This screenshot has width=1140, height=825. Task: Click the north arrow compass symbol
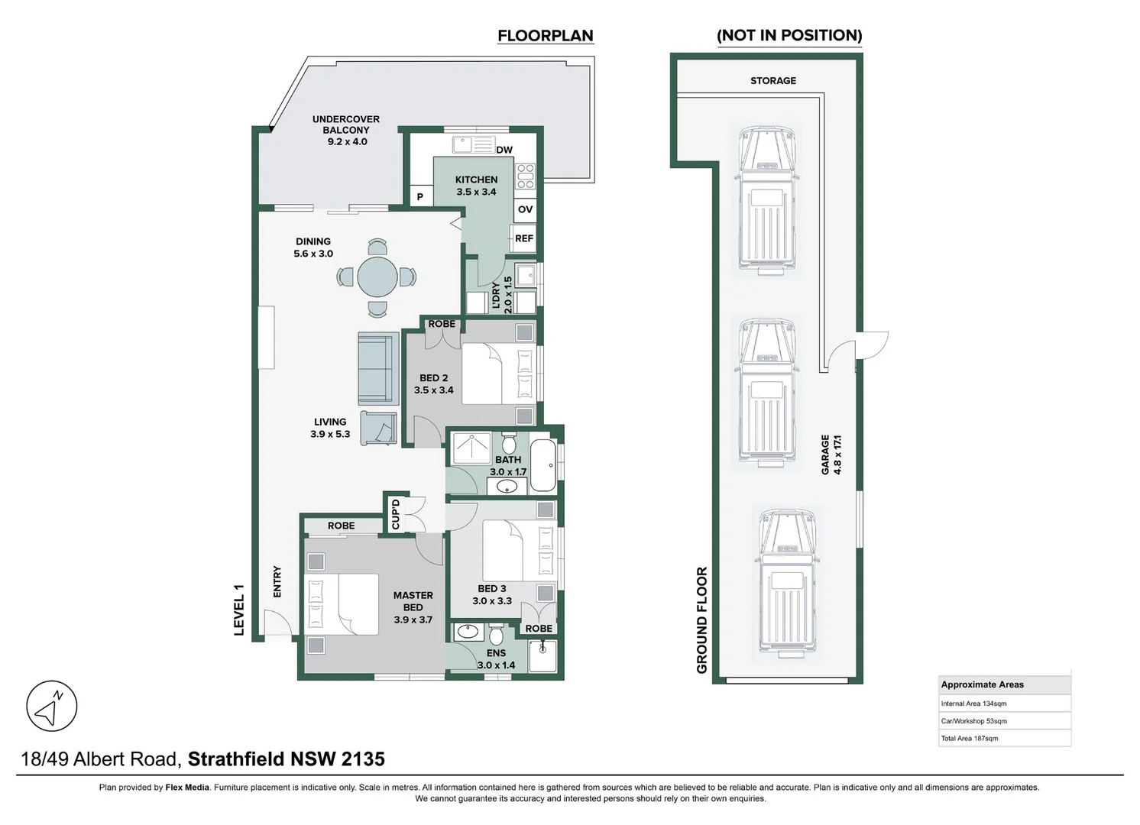52,706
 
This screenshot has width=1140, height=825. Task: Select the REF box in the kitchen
523,238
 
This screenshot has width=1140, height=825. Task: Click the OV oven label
525,209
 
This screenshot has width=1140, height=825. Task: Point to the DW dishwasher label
504,150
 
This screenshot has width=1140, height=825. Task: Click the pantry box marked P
420,196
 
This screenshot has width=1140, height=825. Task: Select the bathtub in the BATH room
543,464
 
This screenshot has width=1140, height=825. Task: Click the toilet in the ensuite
495,634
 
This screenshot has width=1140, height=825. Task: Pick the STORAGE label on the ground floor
772,80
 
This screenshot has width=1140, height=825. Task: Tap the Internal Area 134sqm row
1004,704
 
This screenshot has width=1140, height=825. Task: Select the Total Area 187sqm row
1004,738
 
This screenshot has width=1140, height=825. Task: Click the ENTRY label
277,581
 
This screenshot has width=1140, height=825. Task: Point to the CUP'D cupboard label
396,513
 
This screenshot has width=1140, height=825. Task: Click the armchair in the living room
379,428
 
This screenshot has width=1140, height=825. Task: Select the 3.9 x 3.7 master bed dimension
413,620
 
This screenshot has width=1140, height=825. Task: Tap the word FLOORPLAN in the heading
545,35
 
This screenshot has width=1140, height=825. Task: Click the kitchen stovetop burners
526,176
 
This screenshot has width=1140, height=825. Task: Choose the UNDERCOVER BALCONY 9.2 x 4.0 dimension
347,141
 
